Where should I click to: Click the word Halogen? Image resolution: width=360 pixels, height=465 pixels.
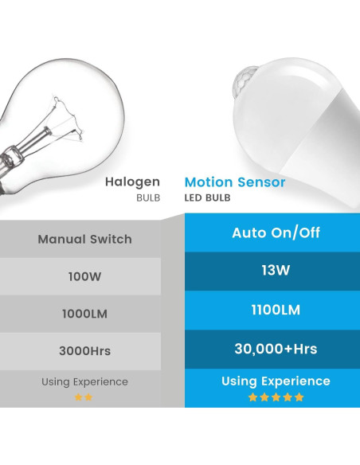pos(133,182)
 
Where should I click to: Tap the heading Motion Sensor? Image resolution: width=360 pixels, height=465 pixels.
pos(235,182)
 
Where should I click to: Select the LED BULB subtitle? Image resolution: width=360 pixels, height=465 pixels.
pos(208,198)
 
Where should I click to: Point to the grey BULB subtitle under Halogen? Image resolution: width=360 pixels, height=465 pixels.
pos(147,198)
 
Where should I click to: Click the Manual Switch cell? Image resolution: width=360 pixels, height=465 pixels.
pos(85,239)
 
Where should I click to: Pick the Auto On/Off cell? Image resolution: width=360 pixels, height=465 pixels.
pos(266,233)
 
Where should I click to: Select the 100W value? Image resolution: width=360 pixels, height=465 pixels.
pos(85,277)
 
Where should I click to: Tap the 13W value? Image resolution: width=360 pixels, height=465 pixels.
pos(266,272)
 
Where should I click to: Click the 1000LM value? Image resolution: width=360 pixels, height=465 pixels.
pos(85,314)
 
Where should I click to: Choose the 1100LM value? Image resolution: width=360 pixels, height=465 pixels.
pos(266,310)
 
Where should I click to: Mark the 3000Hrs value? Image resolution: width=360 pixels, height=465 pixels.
pos(85,350)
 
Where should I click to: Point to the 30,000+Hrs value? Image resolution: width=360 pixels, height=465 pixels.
pos(266,348)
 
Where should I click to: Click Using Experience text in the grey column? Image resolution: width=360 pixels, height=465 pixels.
pos(85,382)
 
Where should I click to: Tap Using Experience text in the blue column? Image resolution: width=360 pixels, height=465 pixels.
pos(266,381)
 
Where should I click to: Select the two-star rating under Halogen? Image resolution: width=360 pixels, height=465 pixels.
pos(84,397)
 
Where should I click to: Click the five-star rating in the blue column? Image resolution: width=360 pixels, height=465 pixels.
pos(276,397)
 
